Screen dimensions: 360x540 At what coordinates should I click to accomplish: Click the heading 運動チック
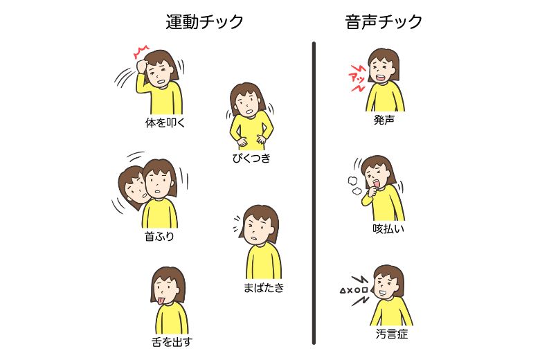click(x=205, y=22)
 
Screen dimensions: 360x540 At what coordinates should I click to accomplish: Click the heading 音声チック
click(x=384, y=22)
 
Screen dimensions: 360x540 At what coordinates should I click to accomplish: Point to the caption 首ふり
click(x=159, y=237)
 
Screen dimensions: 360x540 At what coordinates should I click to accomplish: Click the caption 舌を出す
click(x=171, y=342)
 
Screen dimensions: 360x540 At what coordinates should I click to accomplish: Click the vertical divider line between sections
click(x=314, y=194)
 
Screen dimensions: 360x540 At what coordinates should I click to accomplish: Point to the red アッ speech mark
click(x=357, y=76)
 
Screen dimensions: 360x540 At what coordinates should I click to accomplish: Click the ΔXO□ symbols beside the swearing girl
click(x=353, y=288)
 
